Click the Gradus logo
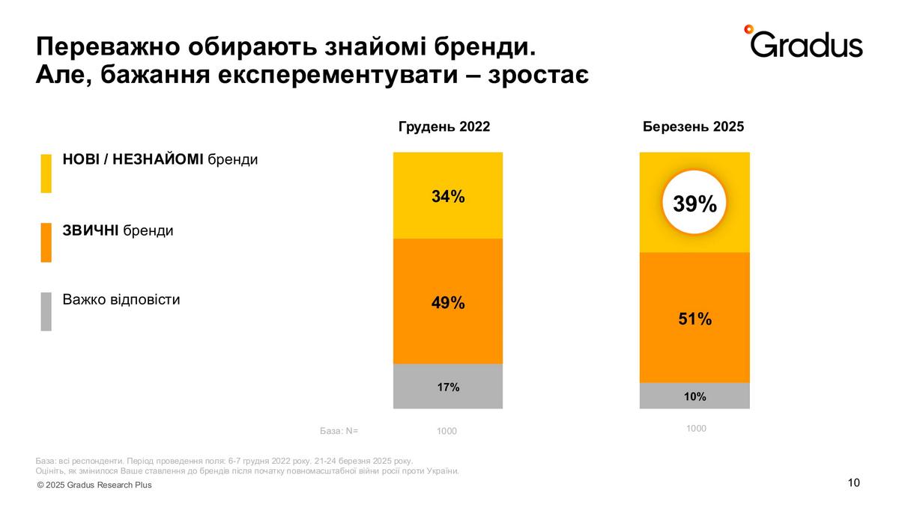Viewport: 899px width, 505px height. (803, 43)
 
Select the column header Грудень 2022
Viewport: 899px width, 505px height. (444, 126)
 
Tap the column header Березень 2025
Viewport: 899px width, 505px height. (693, 126)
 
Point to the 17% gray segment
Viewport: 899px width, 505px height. (448, 387)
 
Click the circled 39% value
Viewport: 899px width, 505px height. (694, 203)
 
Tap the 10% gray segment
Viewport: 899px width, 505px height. (694, 397)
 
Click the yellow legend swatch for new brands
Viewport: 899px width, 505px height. (46, 174)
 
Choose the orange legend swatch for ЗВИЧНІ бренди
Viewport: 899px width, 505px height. (46, 242)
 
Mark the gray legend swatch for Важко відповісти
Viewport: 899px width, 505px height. (46, 311)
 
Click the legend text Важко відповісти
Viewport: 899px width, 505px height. (121, 300)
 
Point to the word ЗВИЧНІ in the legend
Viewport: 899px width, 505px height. (91, 230)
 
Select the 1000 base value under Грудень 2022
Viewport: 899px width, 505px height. (447, 432)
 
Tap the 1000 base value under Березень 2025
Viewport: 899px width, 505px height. (696, 429)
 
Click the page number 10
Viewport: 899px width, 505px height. (853, 483)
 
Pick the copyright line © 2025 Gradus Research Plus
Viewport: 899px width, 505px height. (94, 485)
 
